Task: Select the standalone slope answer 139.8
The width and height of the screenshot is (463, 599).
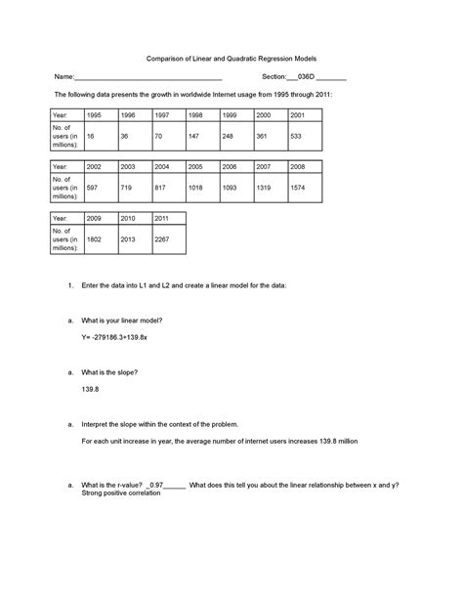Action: pos(90,390)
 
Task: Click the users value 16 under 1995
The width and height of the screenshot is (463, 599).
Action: pos(91,136)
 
